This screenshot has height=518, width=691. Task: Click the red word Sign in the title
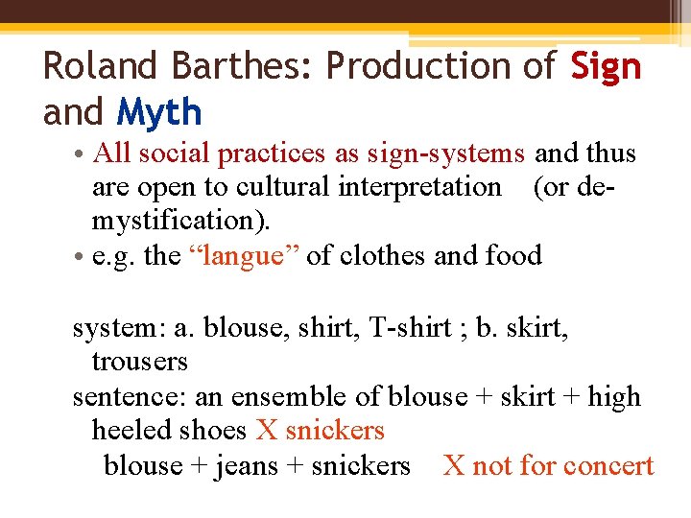(606, 66)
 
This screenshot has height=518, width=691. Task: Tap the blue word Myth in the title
(159, 113)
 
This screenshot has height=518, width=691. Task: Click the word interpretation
(419, 186)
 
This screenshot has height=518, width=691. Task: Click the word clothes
(366, 256)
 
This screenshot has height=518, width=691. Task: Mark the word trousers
(140, 362)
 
